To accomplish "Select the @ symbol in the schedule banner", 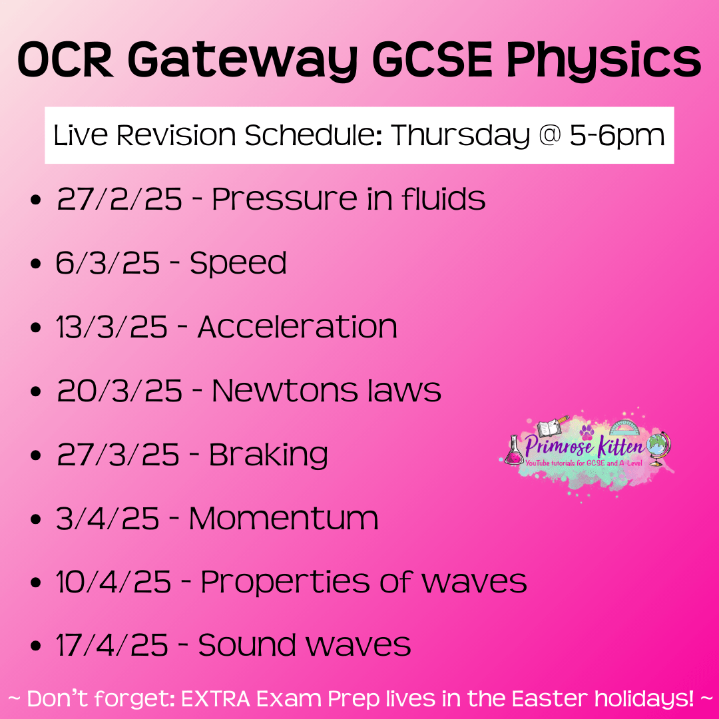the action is pos(549,135).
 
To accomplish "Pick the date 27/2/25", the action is pos(119,199).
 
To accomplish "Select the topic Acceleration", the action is pos(297,327).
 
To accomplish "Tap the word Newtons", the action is pos(284,391).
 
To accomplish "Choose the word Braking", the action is pos(268,456).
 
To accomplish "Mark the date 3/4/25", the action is pos(107,519).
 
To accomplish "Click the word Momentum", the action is pos(284,519).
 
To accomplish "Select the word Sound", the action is pos(247,646).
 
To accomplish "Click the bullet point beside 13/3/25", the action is pos(35,328).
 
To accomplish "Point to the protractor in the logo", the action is pos(625,427).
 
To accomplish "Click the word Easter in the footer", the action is pos(549,699).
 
